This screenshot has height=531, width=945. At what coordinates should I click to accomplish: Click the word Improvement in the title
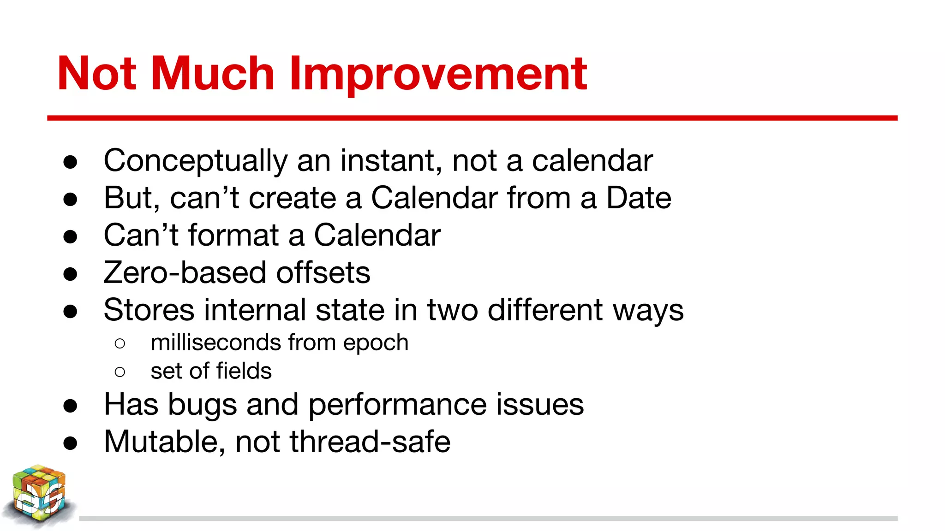click(x=437, y=74)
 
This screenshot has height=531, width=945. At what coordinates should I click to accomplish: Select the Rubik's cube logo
click(x=39, y=496)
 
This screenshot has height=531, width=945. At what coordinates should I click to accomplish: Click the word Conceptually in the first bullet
click(x=195, y=161)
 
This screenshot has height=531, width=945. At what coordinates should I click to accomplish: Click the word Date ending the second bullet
click(x=638, y=198)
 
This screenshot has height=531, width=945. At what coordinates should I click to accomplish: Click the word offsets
click(x=323, y=272)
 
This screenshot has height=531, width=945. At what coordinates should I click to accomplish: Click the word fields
click(x=244, y=371)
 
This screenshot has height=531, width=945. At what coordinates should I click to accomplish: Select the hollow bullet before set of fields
click(x=120, y=372)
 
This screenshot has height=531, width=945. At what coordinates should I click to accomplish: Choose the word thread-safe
click(x=370, y=442)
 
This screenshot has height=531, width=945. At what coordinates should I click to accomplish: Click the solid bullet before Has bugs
click(x=70, y=406)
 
